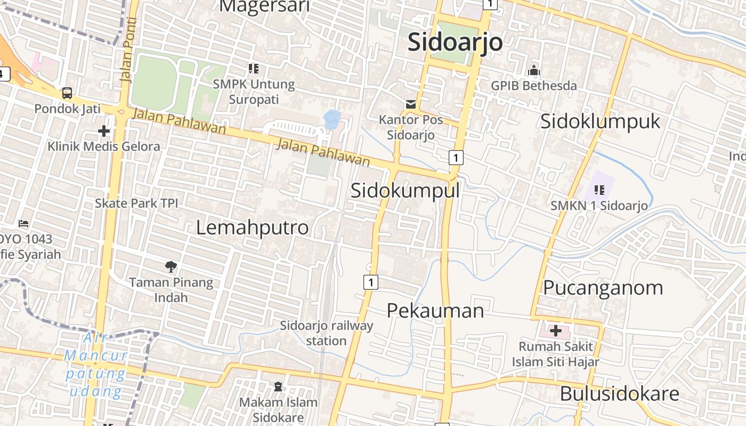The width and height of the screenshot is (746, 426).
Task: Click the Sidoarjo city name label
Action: click(455, 42)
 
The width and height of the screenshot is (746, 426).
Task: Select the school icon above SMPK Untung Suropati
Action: click(254, 68)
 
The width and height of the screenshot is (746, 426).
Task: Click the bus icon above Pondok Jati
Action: click(67, 93)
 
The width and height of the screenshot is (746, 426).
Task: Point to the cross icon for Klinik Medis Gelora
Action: click(104, 130)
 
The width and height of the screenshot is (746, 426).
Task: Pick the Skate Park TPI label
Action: click(136, 203)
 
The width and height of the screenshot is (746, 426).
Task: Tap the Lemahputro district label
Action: click(252, 227)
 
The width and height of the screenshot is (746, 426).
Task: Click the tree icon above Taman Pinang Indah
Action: click(171, 266)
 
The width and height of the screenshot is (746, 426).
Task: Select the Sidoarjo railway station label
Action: click(326, 333)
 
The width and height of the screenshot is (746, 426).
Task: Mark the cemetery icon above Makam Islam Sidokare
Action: click(278, 386)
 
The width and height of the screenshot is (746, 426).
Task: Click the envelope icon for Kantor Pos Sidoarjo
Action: click(411, 104)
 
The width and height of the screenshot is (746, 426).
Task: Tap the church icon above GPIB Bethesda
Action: click(534, 70)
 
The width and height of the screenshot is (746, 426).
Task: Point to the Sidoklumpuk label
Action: click(600, 121)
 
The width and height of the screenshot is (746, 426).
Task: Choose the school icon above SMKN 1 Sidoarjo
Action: click(599, 190)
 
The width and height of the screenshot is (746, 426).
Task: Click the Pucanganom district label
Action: click(603, 288)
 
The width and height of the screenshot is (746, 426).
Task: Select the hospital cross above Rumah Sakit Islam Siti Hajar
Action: click(556, 331)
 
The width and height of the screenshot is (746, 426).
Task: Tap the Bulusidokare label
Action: click(619, 394)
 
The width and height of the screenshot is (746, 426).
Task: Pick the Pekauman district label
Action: click(435, 310)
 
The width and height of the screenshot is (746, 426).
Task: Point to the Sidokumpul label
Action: click(405, 190)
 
